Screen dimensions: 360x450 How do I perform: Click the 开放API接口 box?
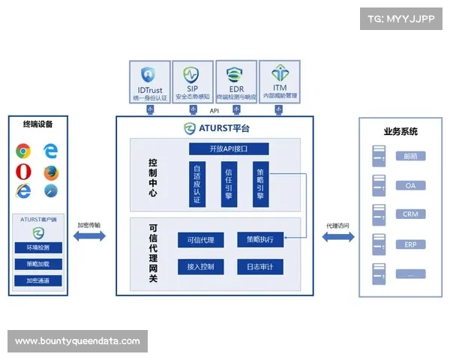(228, 148)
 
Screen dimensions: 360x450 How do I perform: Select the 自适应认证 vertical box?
(196, 184)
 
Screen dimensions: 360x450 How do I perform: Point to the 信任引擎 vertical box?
(229, 184)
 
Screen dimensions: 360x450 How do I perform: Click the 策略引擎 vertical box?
(259, 184)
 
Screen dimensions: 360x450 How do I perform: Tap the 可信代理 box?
(200, 240)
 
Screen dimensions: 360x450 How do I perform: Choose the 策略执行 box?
(259, 240)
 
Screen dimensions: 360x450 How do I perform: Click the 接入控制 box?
(200, 266)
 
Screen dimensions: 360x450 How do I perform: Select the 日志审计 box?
(259, 266)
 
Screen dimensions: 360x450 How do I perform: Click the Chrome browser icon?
(23, 151)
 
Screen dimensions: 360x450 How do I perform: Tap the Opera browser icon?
(23, 172)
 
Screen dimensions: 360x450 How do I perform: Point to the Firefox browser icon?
(50, 172)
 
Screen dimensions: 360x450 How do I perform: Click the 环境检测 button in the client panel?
(38, 247)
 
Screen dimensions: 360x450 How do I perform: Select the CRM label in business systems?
(410, 214)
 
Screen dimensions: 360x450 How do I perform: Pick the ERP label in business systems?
(410, 244)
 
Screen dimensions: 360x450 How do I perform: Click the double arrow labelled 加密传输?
(89, 237)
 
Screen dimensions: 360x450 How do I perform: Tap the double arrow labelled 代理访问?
(337, 237)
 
